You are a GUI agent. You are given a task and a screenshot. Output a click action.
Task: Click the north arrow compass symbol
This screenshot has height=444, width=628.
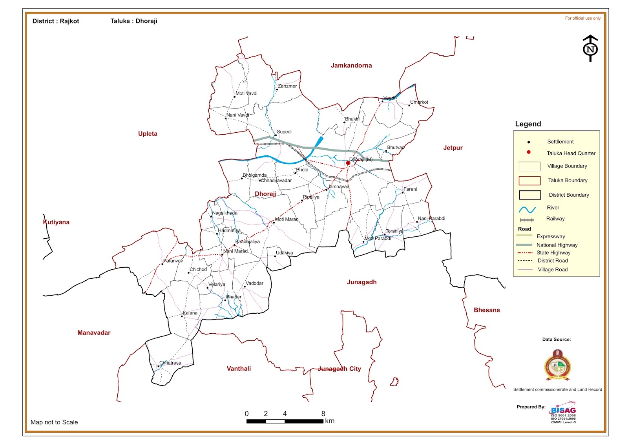(x=590, y=49)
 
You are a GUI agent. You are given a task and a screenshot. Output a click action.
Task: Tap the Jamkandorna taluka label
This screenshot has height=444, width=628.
(x=351, y=66)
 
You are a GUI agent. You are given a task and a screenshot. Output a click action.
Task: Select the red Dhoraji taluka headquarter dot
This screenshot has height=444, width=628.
(x=348, y=163)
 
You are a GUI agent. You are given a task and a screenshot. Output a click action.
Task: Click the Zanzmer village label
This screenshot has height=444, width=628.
(x=287, y=86)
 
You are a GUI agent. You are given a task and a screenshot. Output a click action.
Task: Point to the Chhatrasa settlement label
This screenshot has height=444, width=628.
(x=170, y=363)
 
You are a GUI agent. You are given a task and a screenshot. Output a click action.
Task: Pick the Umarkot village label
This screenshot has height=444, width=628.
(x=419, y=102)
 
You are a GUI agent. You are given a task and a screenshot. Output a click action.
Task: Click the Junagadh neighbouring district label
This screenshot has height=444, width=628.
(x=361, y=282)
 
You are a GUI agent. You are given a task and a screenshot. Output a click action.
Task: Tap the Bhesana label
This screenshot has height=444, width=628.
(x=486, y=310)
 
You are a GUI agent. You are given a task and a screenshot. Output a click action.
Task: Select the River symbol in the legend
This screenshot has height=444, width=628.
(x=527, y=209)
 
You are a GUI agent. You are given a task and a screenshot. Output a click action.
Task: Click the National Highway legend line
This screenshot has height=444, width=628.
(x=524, y=245)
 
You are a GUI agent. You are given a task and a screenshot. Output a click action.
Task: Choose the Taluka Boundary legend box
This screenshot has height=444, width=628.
(x=529, y=181)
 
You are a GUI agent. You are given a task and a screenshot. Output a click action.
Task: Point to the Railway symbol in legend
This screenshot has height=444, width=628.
(x=527, y=220)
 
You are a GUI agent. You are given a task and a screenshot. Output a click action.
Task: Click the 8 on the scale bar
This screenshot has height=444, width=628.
(x=323, y=413)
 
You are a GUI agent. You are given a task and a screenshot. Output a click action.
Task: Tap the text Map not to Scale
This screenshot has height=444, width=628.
(x=54, y=422)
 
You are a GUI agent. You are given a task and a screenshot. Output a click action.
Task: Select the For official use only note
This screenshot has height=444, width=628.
(x=582, y=18)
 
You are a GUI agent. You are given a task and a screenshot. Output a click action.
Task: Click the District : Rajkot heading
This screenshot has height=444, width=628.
(x=56, y=21)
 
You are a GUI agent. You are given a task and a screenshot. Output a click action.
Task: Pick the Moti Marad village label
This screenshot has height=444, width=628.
(x=287, y=219)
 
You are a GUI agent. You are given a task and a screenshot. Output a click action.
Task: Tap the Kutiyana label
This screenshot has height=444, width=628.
(x=56, y=222)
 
